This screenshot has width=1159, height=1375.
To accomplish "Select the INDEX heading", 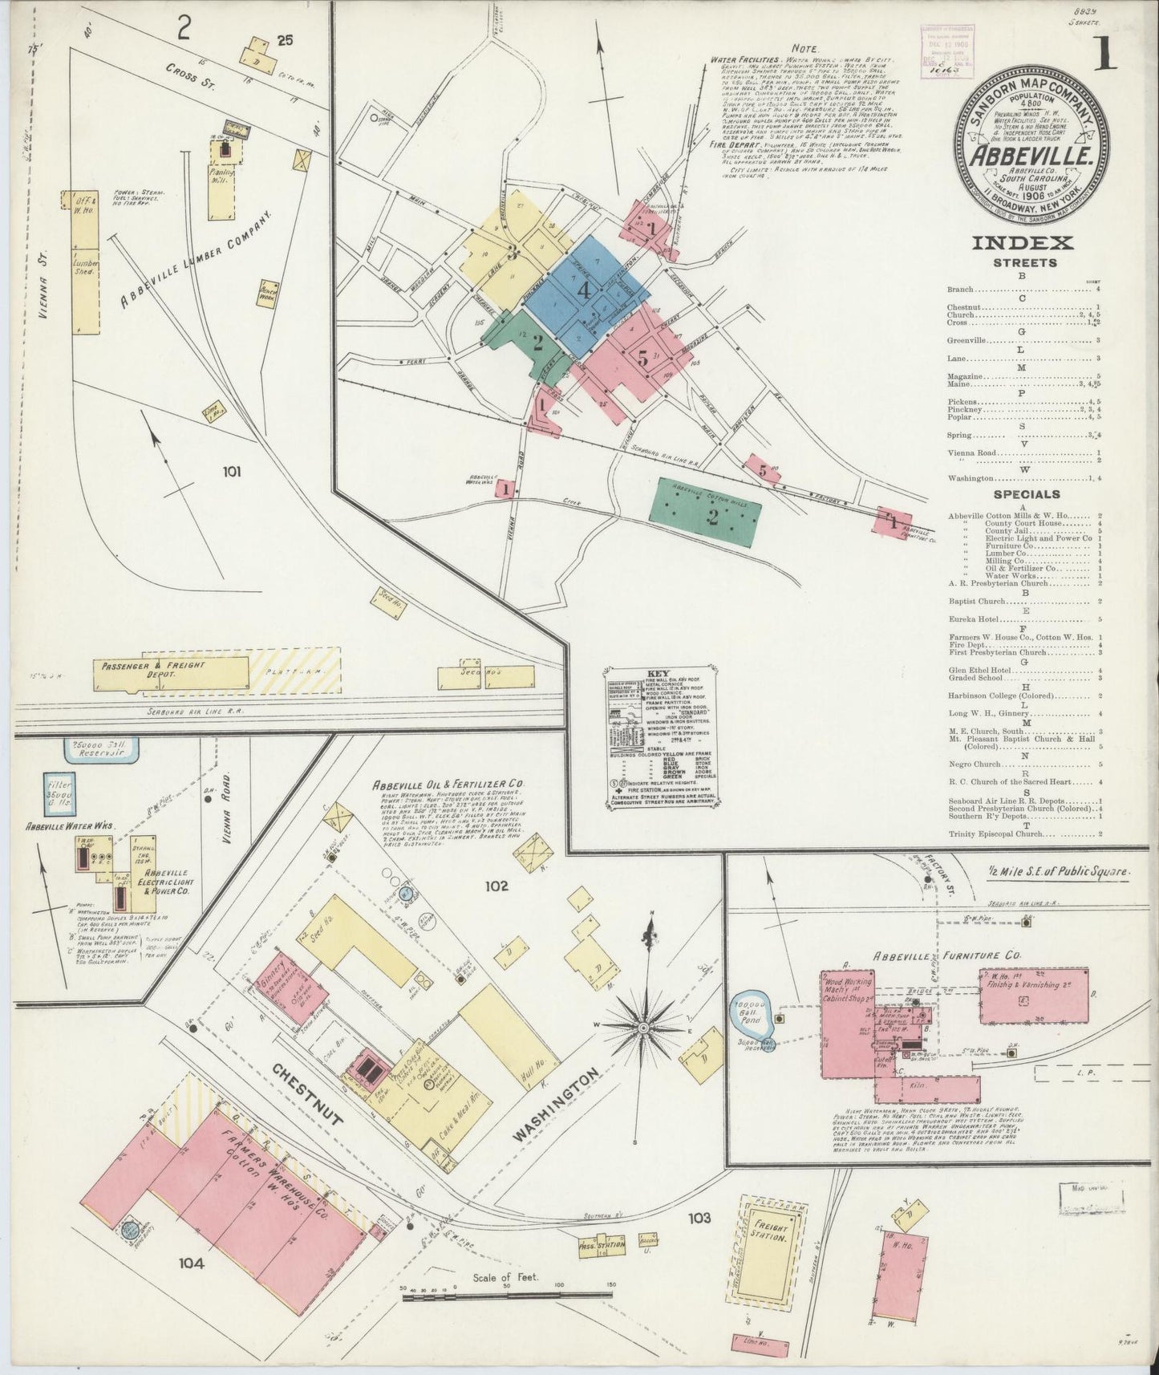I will pyautogui.click(x=1022, y=242).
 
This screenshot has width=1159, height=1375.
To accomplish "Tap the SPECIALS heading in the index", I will pyautogui.click(x=1026, y=494).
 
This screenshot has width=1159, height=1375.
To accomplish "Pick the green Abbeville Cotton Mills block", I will pyautogui.click(x=706, y=513).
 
